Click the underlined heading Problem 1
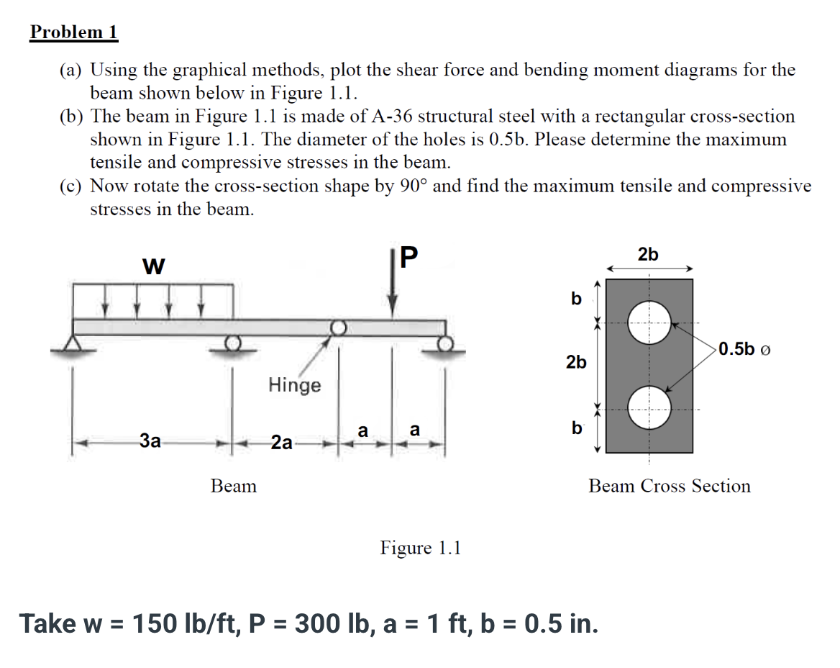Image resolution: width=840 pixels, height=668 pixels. coord(73,32)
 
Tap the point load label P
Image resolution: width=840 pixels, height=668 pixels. coord(407,258)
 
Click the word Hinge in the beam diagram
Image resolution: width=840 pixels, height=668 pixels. coord(295,385)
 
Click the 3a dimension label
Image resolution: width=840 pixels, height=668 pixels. coord(150,441)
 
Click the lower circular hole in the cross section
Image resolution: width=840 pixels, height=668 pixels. coord(649,409)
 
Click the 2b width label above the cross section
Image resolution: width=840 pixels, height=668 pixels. coord(647,254)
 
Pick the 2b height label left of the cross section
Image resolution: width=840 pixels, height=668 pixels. coord(576,362)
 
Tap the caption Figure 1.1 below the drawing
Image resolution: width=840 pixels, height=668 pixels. coord(421,548)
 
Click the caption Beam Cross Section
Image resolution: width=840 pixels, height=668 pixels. coord(669,486)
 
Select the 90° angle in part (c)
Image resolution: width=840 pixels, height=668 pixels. coord(411,186)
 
